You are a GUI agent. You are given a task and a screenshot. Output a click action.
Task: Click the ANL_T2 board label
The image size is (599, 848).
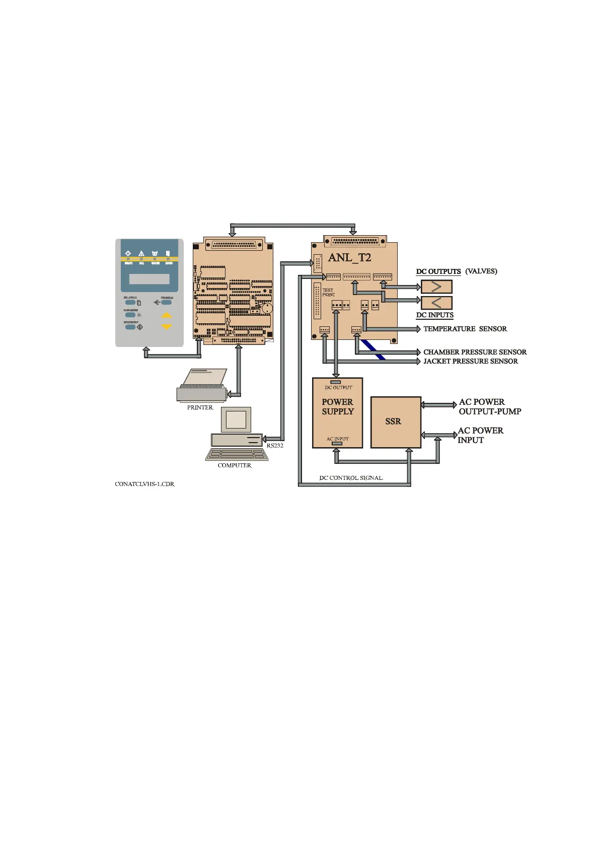point(349,258)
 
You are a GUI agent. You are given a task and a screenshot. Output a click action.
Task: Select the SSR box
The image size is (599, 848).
point(395,422)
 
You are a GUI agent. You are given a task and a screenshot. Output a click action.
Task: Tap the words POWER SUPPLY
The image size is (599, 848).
point(338,407)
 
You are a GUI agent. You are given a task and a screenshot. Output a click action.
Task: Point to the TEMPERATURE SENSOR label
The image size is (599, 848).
point(465,329)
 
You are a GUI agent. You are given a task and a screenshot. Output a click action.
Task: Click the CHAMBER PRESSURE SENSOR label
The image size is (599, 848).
point(475,352)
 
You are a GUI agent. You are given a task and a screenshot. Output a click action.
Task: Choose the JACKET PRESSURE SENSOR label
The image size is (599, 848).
point(470,361)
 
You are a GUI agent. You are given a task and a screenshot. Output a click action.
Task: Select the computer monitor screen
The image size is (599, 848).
point(236,419)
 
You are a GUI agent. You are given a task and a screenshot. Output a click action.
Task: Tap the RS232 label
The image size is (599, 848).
point(275,446)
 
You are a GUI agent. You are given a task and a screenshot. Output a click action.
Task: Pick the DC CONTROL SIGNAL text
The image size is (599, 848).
point(351,478)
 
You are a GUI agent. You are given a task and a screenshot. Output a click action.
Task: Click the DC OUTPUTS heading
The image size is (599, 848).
point(438,271)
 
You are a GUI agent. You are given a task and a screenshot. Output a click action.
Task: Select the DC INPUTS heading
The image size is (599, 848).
point(434,315)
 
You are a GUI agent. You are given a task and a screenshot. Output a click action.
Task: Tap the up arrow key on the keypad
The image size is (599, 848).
point(167,316)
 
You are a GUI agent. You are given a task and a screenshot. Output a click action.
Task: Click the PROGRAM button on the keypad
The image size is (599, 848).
point(166,303)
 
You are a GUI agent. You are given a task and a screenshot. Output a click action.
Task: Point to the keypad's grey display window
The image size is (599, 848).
point(149,279)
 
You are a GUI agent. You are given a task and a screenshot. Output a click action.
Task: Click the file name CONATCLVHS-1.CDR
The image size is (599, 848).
point(144,484)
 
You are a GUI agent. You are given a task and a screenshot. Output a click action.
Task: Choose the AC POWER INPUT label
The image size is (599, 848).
point(480,435)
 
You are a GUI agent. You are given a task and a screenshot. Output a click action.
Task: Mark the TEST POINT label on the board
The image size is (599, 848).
point(328,293)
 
